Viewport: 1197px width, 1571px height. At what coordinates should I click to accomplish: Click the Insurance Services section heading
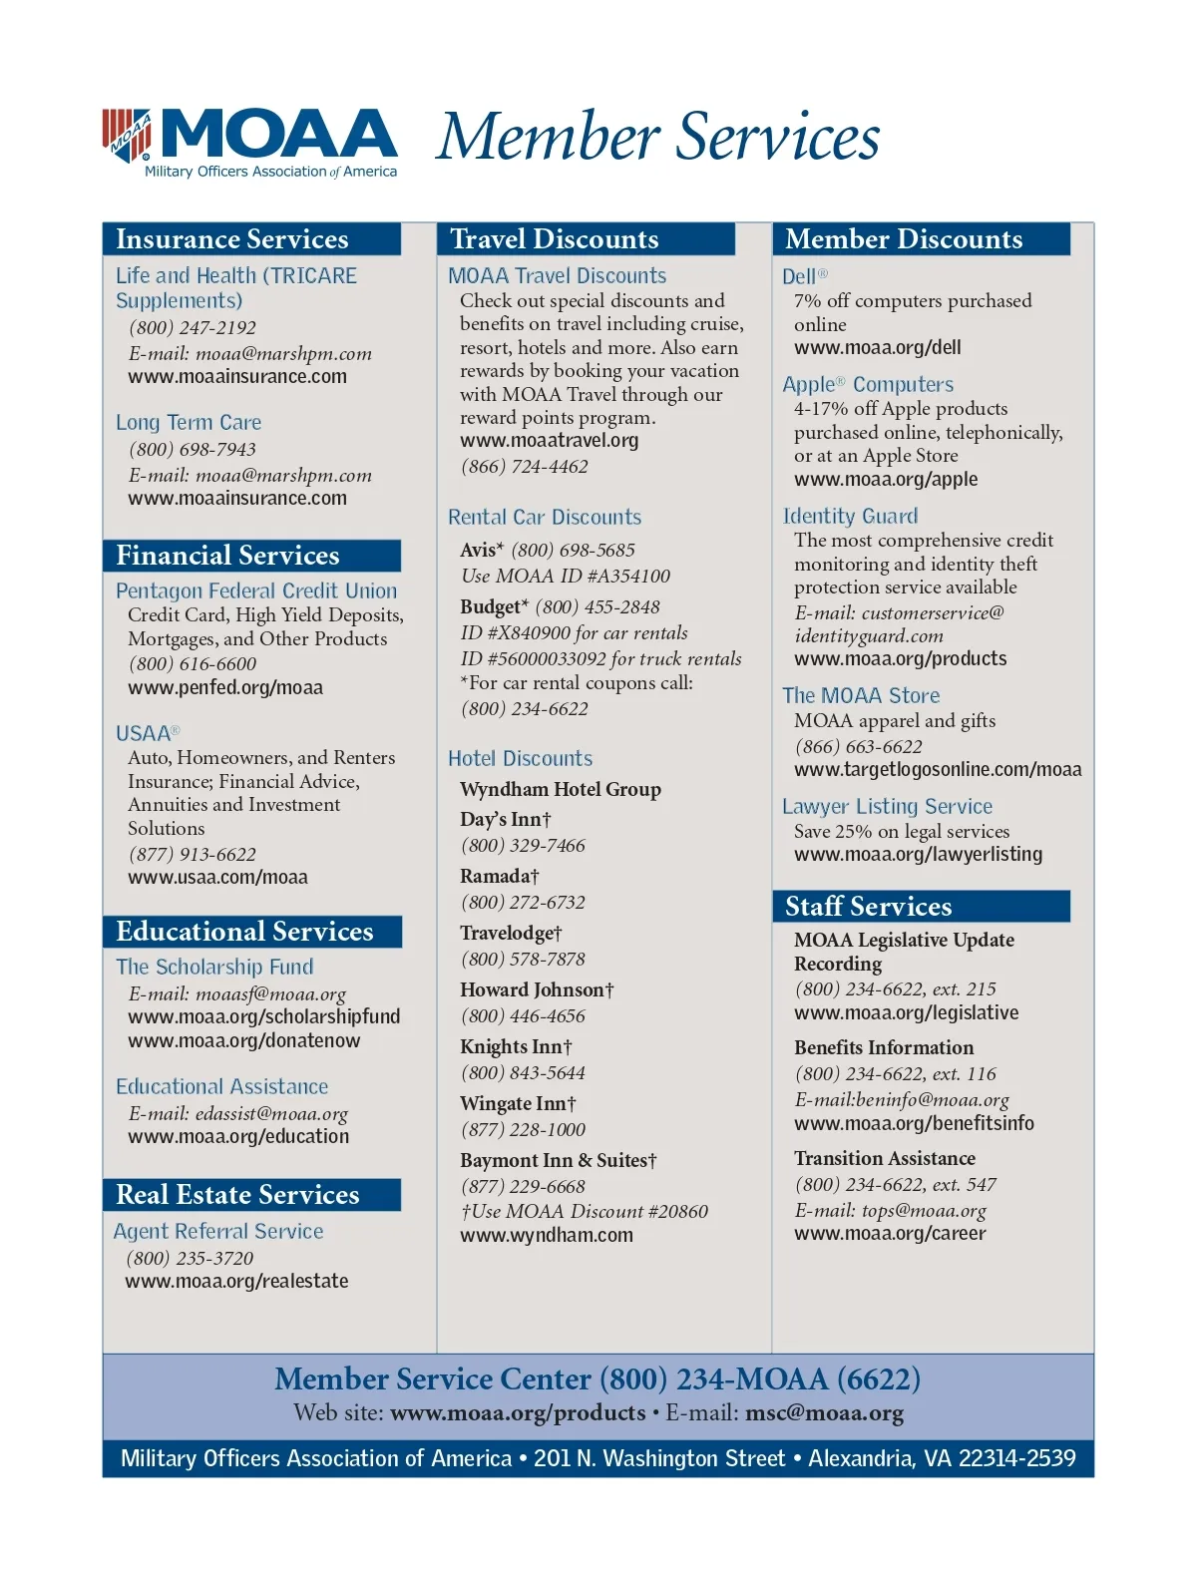[x=232, y=239]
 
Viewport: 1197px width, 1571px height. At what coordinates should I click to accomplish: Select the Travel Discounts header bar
[x=555, y=239]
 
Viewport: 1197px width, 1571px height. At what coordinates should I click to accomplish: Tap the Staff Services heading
[x=868, y=907]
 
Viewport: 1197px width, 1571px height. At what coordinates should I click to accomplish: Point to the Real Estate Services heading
[x=237, y=1195]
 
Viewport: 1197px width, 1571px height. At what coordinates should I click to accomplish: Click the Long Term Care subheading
[x=189, y=423]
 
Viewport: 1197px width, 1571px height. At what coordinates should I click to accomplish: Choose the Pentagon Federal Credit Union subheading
[x=256, y=591]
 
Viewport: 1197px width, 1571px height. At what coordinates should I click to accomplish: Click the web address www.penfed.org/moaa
[x=225, y=688]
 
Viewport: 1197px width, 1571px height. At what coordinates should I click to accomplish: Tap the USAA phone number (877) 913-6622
[x=193, y=855]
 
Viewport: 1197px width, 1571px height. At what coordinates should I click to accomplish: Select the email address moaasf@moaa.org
[x=271, y=994]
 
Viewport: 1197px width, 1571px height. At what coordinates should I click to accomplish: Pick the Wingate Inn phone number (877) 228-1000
[x=523, y=1130]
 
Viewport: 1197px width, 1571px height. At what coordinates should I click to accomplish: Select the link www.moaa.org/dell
[x=878, y=348]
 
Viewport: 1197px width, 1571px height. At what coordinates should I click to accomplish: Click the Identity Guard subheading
[x=850, y=517]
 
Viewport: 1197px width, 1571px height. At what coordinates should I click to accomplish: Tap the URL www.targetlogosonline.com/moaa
[x=938, y=770]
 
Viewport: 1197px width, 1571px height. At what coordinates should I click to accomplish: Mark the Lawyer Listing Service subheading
[x=887, y=807]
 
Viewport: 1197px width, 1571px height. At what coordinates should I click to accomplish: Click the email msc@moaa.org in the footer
[x=824, y=1413]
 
